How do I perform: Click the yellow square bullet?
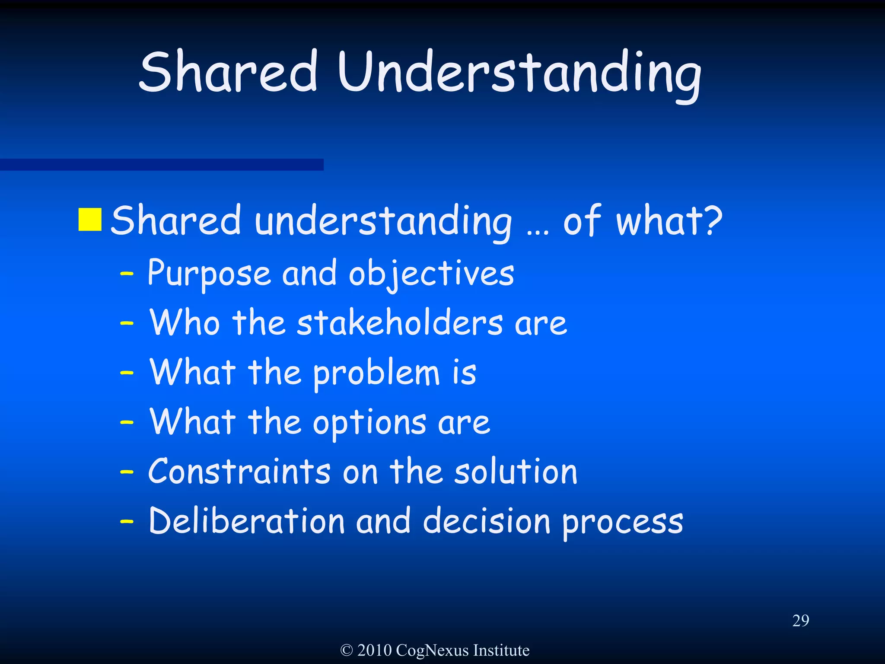[x=90, y=220]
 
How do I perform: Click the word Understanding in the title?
[x=519, y=73]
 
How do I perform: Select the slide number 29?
[x=800, y=621]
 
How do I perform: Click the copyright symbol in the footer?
[x=347, y=650]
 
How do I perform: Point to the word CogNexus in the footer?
[x=432, y=650]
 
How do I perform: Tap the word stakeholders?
[x=400, y=323]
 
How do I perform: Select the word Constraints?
[x=239, y=471]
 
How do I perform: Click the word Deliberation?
[x=246, y=521]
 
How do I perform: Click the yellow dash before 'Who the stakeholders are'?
[x=127, y=323]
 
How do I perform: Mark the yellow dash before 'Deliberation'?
[x=127, y=521]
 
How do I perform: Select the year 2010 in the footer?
[x=374, y=650]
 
